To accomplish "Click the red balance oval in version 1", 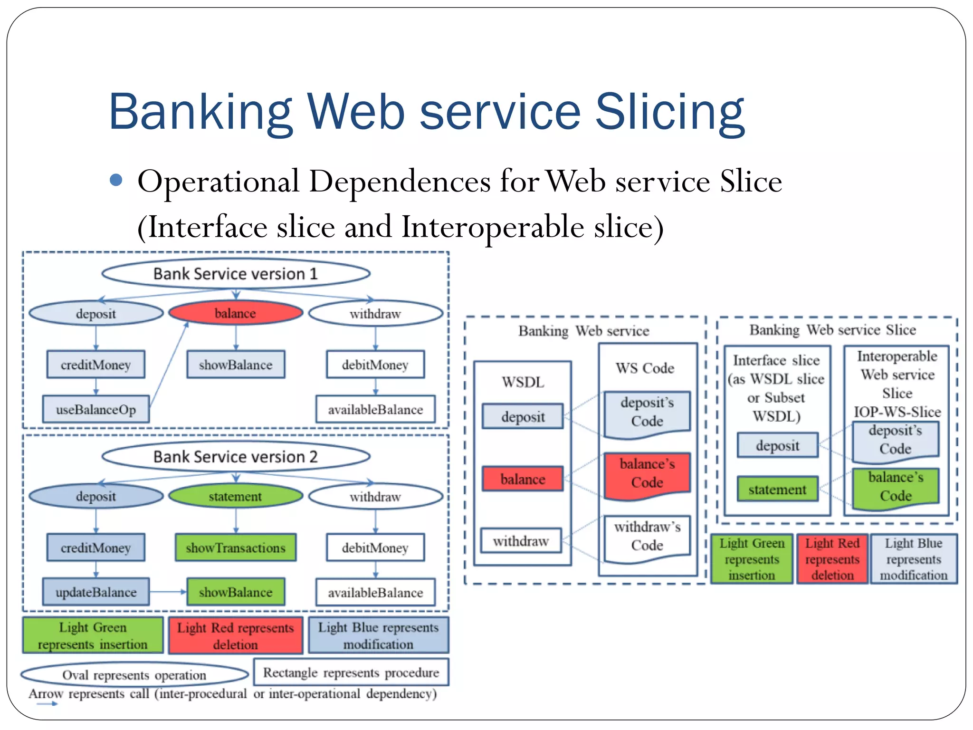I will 236,313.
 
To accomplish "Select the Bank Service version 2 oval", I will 236,457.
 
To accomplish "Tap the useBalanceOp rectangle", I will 96,409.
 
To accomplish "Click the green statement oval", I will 236,496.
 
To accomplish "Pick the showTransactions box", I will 236,547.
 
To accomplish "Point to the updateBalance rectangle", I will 96,592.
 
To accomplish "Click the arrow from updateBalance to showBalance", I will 168,592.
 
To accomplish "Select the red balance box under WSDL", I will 523,479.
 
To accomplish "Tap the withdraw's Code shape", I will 647,537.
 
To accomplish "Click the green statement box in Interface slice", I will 777,489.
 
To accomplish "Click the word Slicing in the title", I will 669,112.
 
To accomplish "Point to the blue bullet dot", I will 116,180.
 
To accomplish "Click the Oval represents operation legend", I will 134,674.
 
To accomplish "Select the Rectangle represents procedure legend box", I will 351,672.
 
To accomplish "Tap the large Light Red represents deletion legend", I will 236,635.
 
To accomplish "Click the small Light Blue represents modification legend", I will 913,559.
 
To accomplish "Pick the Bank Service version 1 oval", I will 236,274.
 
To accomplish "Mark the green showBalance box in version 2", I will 236,592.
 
